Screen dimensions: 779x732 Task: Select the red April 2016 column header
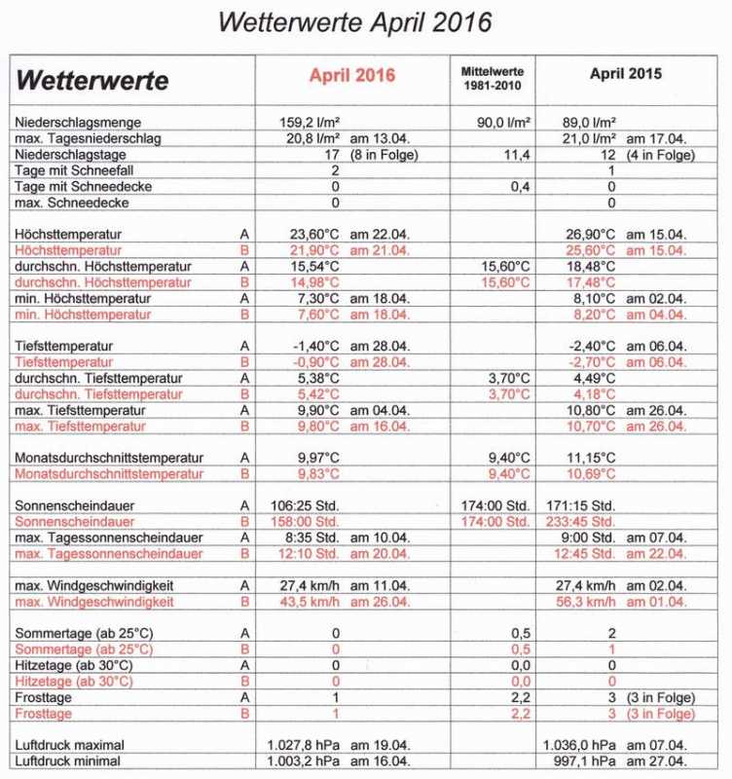[x=352, y=75]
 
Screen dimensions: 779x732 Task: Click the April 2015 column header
[x=626, y=74]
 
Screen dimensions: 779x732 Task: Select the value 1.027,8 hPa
[x=304, y=745]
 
